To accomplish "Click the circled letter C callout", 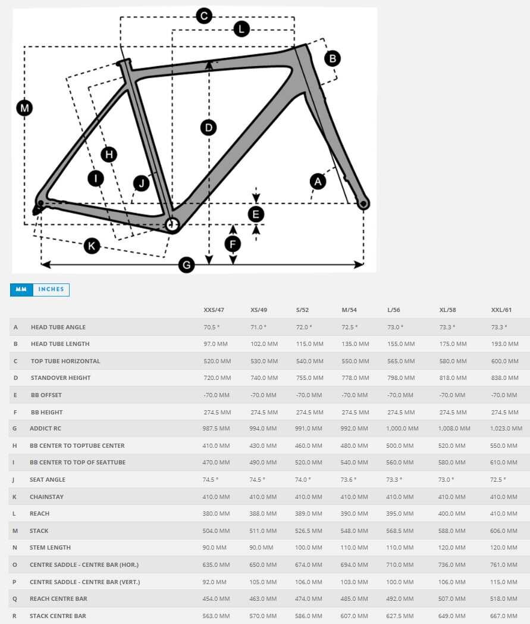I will [x=204, y=16].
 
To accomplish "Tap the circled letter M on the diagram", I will [x=24, y=108].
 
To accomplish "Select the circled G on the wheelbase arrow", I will [x=187, y=265].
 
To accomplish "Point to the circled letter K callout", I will [x=92, y=245].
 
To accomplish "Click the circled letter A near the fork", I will [x=318, y=181].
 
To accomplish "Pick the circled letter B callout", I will [x=333, y=58].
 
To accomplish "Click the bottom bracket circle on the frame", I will [x=172, y=224].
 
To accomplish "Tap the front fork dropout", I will [x=362, y=204].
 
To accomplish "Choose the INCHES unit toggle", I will [x=51, y=289].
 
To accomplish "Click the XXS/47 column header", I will [x=214, y=310].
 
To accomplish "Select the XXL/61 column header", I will [x=501, y=310].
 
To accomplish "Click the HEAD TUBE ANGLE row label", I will [x=58, y=327].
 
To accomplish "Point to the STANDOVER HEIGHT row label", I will [x=61, y=377].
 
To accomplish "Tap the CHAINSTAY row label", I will [x=47, y=497].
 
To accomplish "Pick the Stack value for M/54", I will [x=355, y=531].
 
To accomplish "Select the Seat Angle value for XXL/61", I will [x=498, y=479].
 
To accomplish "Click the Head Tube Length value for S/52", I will [x=309, y=344].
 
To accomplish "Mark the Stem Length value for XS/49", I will [x=262, y=547].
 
